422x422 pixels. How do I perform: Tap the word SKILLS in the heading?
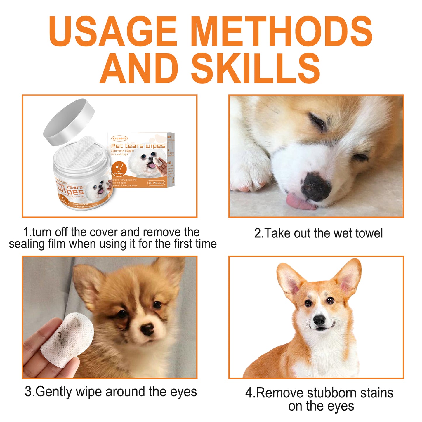(256, 68)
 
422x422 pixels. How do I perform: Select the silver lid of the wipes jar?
(69, 121)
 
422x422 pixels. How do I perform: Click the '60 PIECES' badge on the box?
(156, 183)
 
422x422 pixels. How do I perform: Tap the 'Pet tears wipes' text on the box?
(138, 146)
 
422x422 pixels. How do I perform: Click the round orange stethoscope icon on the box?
(119, 169)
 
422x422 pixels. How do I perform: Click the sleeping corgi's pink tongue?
(299, 202)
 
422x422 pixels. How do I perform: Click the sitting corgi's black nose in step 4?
(319, 320)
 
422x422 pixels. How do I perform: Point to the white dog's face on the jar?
(98, 188)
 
